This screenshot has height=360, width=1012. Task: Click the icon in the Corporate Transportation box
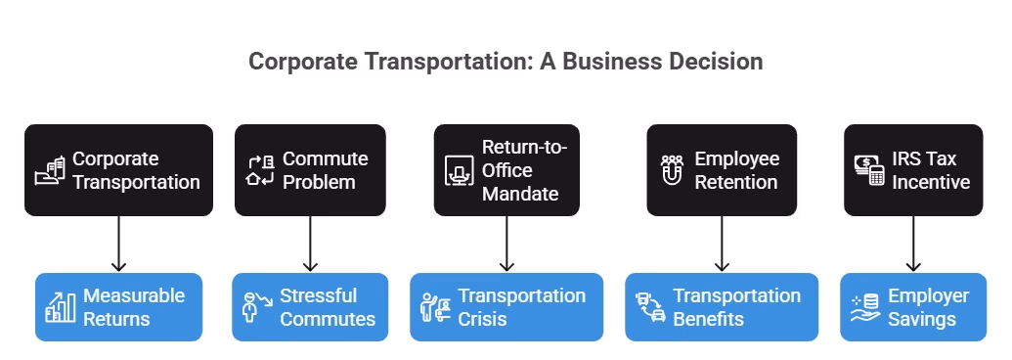pos(50,170)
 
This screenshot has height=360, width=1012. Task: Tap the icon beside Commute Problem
pos(260,170)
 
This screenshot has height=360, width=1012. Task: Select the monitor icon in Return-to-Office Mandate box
pos(458,170)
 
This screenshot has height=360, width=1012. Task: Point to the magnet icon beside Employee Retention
pos(672,170)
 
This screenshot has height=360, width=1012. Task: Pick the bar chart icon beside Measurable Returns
pos(60,307)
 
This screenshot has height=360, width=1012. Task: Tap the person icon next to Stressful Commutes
pos(254,307)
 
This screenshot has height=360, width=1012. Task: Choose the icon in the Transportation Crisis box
pos(434,307)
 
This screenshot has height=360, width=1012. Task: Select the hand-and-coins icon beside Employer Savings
pos(863,307)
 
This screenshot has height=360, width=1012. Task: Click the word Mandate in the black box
pos(520,194)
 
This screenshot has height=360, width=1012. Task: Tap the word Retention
pos(735,182)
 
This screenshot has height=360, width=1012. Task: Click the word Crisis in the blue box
pos(482,319)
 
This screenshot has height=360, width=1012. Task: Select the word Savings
pos(922,319)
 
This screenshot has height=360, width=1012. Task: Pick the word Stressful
pos(318,295)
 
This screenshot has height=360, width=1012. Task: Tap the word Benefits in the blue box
pos(708,319)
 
